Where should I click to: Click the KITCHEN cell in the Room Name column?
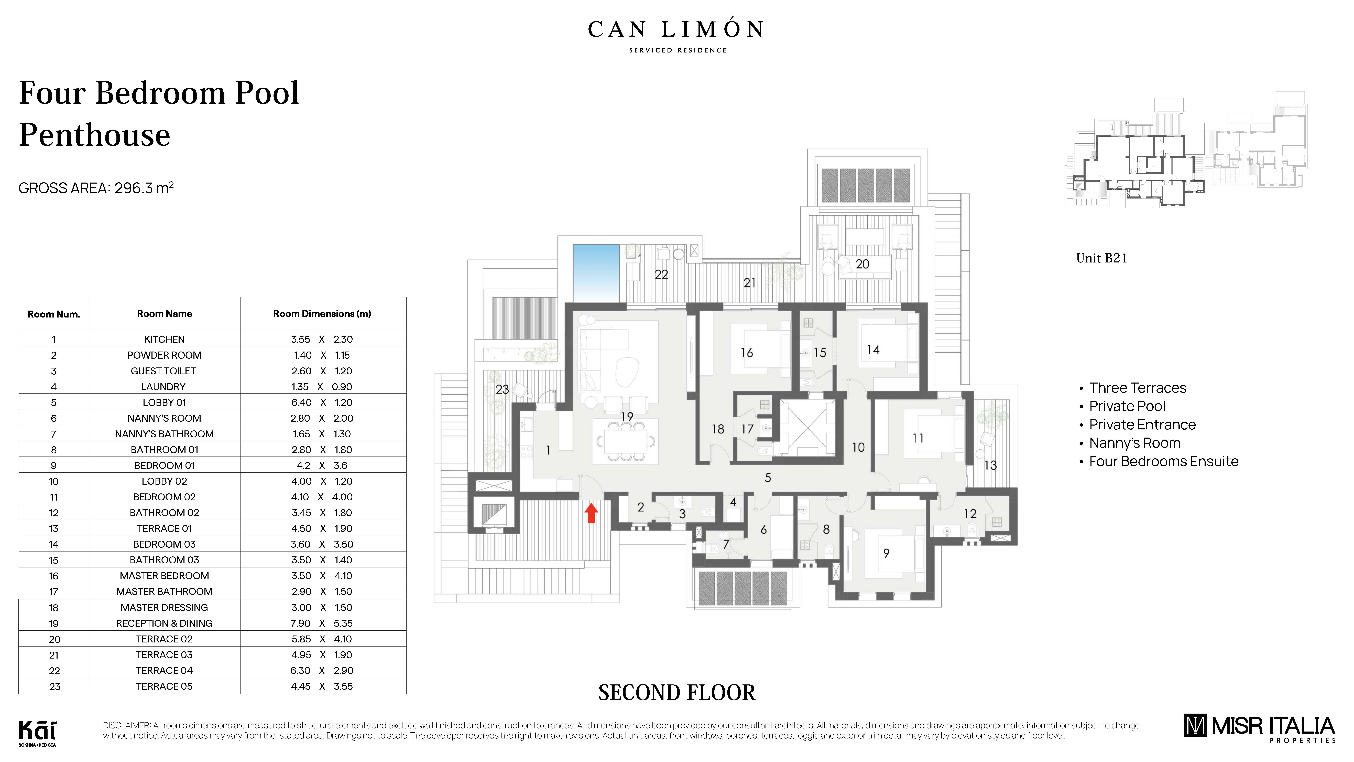[164, 339]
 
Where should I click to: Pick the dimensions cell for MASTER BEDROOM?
[322, 576]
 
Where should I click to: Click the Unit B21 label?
[1101, 258]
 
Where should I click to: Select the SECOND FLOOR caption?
[676, 693]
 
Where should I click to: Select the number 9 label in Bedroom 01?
[886, 553]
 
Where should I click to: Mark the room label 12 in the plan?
[970, 514]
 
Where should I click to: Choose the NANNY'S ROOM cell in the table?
[164, 418]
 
